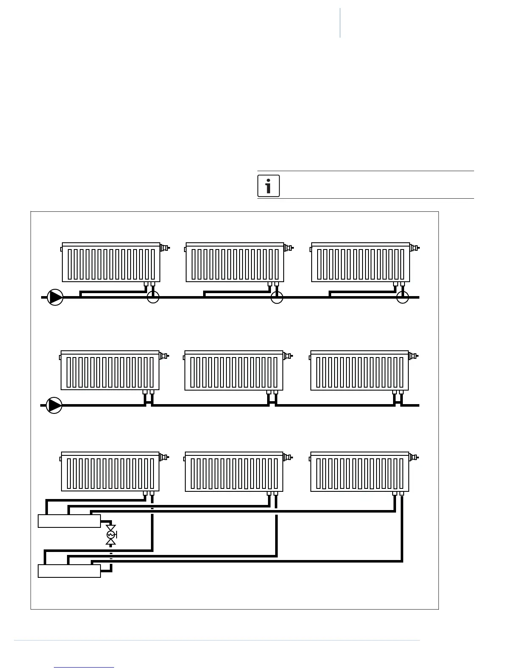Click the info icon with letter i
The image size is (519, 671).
click(x=268, y=186)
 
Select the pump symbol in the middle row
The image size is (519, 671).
click(x=54, y=405)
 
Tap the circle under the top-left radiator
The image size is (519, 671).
click(x=153, y=297)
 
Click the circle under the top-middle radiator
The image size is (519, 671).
click(x=277, y=297)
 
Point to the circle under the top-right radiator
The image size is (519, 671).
click(x=402, y=297)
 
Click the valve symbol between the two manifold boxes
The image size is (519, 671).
click(x=111, y=535)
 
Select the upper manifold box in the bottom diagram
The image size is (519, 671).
click(x=69, y=521)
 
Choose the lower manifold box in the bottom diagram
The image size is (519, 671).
click(x=69, y=571)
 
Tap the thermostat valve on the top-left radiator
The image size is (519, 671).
click(x=165, y=248)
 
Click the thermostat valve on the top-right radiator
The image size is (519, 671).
click(x=414, y=248)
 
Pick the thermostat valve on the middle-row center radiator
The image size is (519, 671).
click(x=287, y=356)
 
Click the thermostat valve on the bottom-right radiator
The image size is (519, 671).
click(x=413, y=457)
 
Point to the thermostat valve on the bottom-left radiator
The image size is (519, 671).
click(x=164, y=457)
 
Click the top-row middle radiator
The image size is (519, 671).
click(x=234, y=263)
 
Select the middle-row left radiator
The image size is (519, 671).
click(x=110, y=371)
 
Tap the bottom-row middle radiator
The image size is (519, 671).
click(x=234, y=472)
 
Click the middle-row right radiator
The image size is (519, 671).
click(x=359, y=371)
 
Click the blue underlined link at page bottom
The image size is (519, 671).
click(x=84, y=667)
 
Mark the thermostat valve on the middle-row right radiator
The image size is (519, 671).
click(x=413, y=356)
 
